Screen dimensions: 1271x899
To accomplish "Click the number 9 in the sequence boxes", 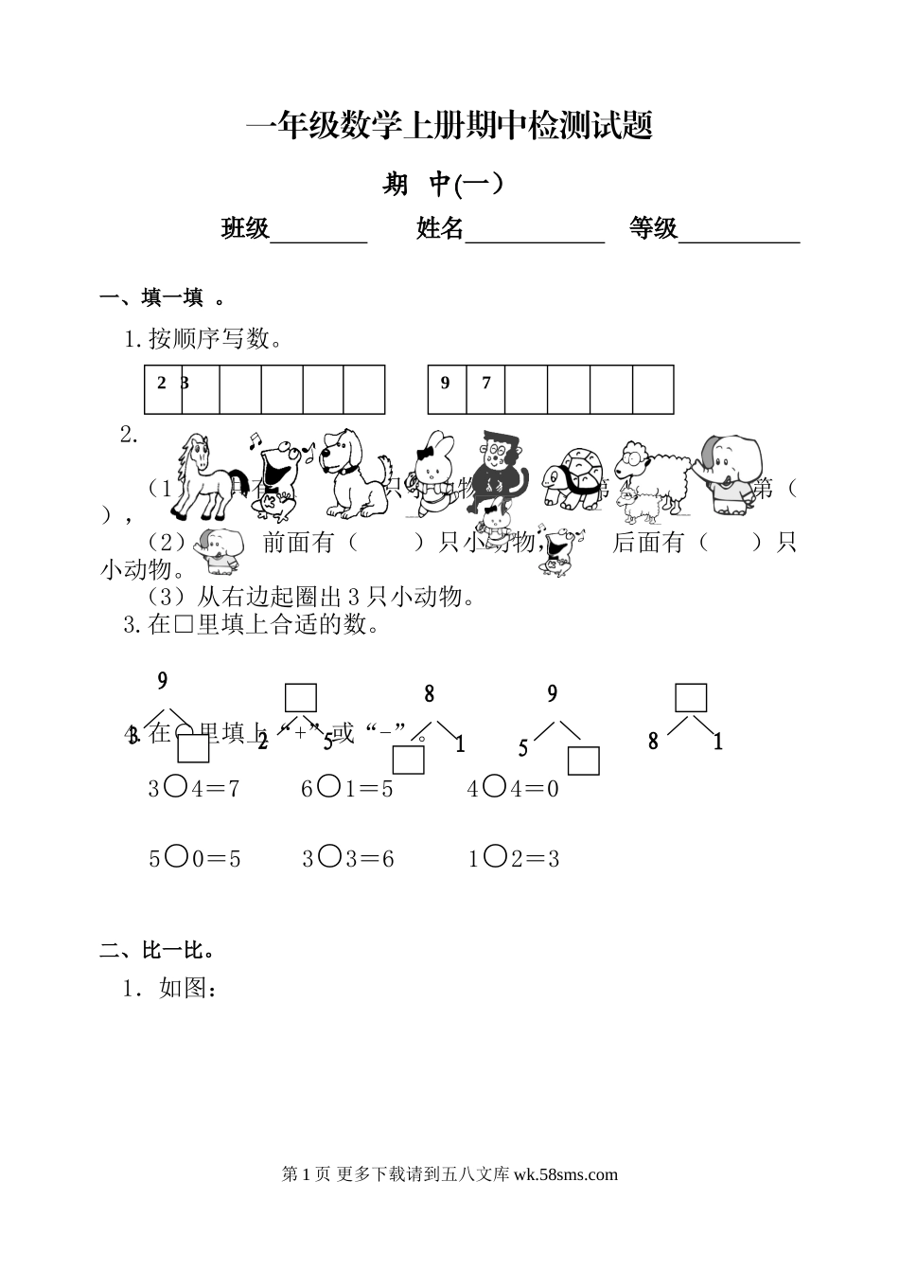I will [446, 384].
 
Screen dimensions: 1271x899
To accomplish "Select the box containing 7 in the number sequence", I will [486, 389].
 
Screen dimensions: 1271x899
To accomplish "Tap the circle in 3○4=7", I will [175, 787].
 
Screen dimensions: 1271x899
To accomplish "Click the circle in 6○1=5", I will [328, 787].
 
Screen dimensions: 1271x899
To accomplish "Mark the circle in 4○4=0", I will [494, 787].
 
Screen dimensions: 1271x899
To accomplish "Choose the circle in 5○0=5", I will [175, 857].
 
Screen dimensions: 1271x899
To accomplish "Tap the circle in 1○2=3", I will [494, 857].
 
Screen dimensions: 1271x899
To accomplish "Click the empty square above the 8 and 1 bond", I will [691, 698].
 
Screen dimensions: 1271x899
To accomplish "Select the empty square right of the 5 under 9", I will [584, 761].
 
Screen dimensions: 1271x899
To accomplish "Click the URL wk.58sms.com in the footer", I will [566, 1174].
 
